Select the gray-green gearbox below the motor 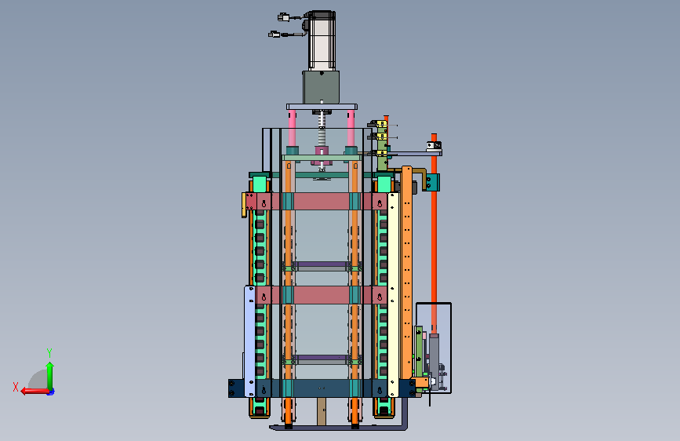point(321,87)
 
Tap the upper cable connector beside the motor point(283,17)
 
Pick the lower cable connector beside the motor point(274,35)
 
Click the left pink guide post point(293,128)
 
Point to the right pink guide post point(351,128)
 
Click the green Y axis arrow point(50,376)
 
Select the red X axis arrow point(35,391)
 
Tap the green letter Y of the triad point(49,353)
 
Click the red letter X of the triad point(16,387)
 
